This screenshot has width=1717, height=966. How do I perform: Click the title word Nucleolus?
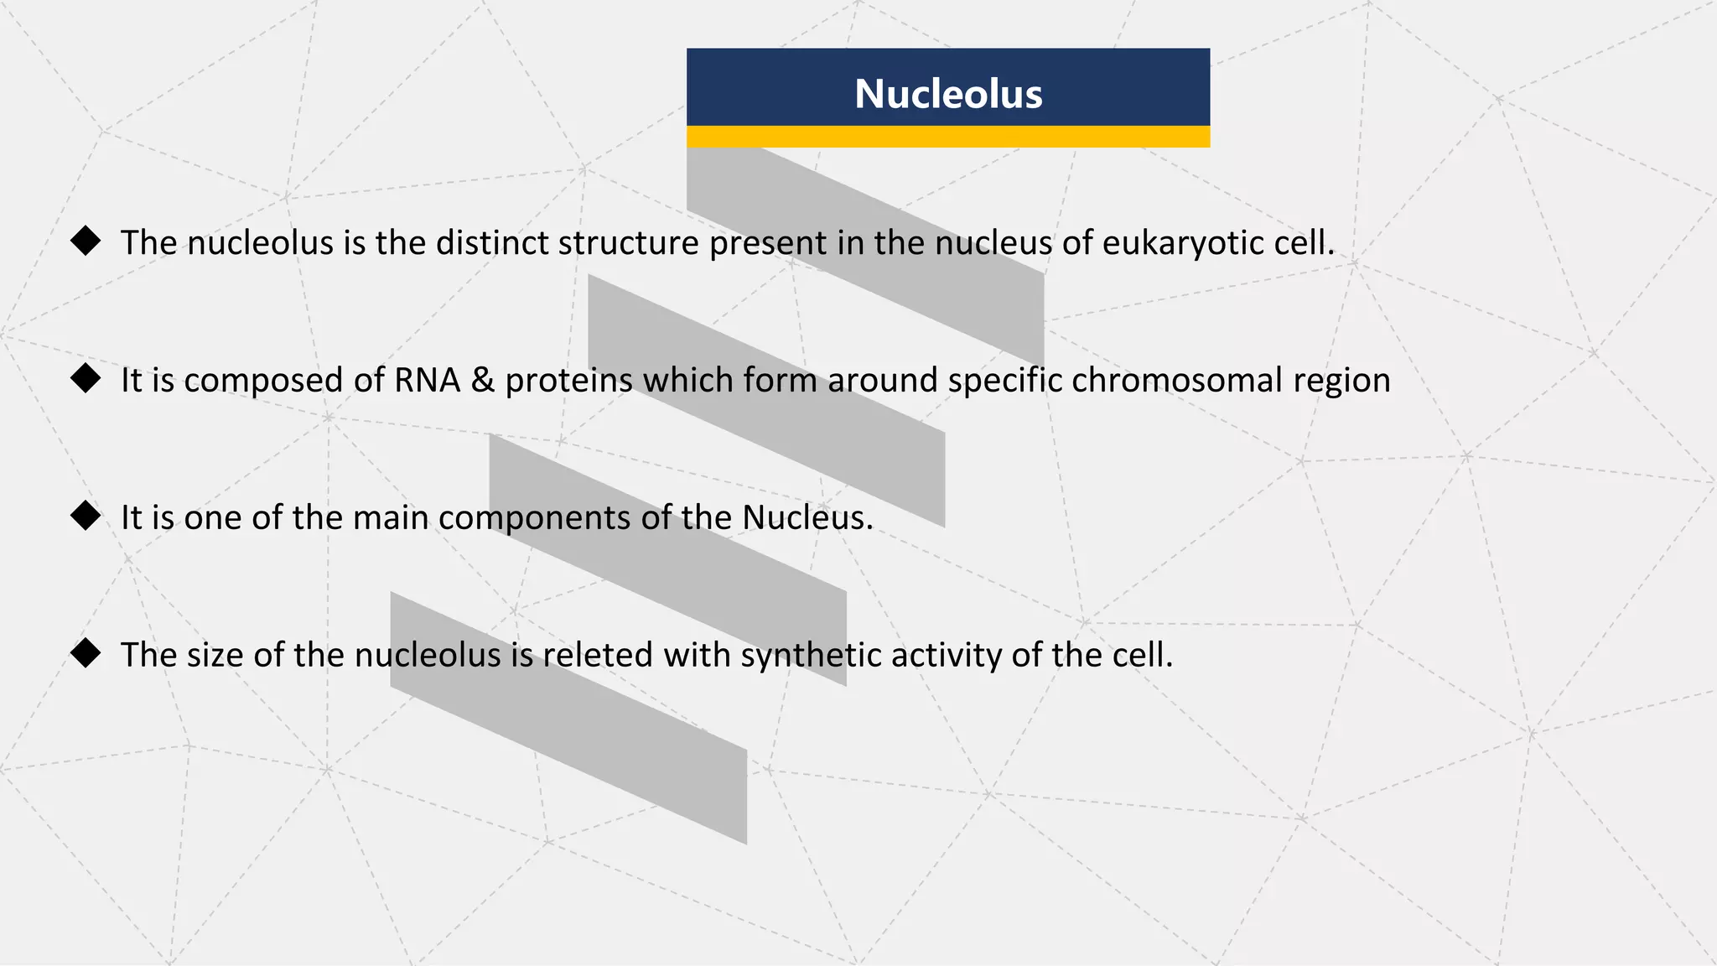coord(948,93)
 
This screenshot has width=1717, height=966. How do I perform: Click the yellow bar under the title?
coord(948,137)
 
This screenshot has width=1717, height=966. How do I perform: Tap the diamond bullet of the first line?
coord(86,241)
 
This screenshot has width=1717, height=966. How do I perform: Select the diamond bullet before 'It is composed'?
coord(86,378)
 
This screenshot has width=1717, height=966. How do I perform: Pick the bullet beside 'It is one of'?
coord(86,516)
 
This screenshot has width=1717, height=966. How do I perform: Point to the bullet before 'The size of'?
coord(86,653)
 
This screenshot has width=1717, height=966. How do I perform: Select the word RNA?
coord(428,380)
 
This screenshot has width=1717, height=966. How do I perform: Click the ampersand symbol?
coord(483,380)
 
